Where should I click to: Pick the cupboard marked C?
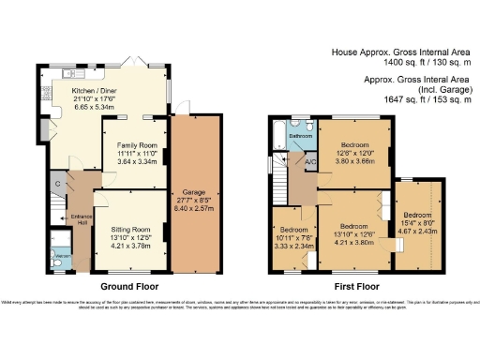[x=57, y=184]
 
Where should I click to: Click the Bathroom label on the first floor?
[x=300, y=137]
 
